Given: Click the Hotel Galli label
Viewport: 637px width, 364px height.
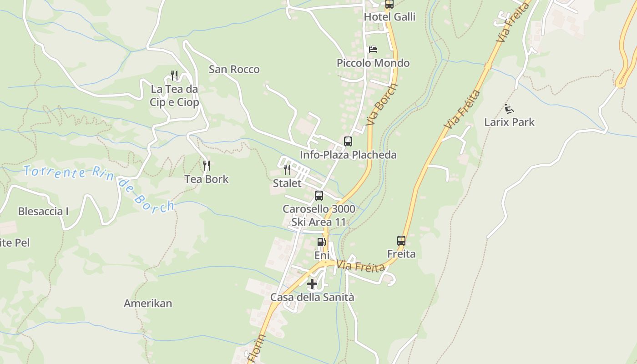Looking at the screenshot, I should pos(389,17).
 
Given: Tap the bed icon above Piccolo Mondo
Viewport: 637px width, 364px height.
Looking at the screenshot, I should pos(373,49).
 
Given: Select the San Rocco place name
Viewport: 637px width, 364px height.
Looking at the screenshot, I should pos(234,69).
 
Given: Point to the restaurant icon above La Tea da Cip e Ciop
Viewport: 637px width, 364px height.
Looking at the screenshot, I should pos(174,75).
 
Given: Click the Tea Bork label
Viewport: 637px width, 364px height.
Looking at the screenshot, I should pos(207,179).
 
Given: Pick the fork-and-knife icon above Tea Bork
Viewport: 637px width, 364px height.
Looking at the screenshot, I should pos(207,165).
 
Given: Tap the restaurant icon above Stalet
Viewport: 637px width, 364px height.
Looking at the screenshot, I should pos(287,170).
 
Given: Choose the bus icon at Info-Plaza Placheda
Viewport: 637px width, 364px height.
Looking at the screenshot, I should pos(348,142).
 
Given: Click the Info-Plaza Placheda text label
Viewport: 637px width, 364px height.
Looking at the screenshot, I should pos(348,155).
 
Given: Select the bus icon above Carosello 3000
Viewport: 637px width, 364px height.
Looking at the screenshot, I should pos(319,196).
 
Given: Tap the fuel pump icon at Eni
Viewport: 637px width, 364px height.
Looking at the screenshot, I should pos(321,242).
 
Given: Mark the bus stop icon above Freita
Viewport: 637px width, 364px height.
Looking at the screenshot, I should pos(401,240).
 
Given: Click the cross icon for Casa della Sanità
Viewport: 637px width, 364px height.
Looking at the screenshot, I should pos(312,284).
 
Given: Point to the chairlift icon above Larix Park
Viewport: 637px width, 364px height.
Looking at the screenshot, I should pos(509,109).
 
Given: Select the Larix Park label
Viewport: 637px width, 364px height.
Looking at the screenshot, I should pos(509,122).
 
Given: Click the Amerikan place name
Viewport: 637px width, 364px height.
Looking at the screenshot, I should pos(148,303).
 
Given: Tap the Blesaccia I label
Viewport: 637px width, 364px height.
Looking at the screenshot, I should pos(43,211).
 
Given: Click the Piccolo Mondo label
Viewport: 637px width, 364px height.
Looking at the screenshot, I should pos(373,63).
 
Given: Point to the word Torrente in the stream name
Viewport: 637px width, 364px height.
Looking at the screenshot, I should pos(55,172).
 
